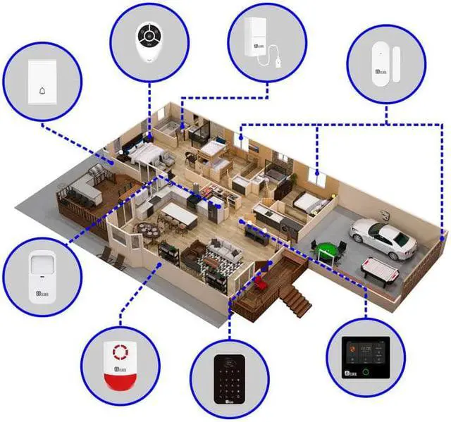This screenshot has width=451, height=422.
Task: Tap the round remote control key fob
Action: pos(151,41)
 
